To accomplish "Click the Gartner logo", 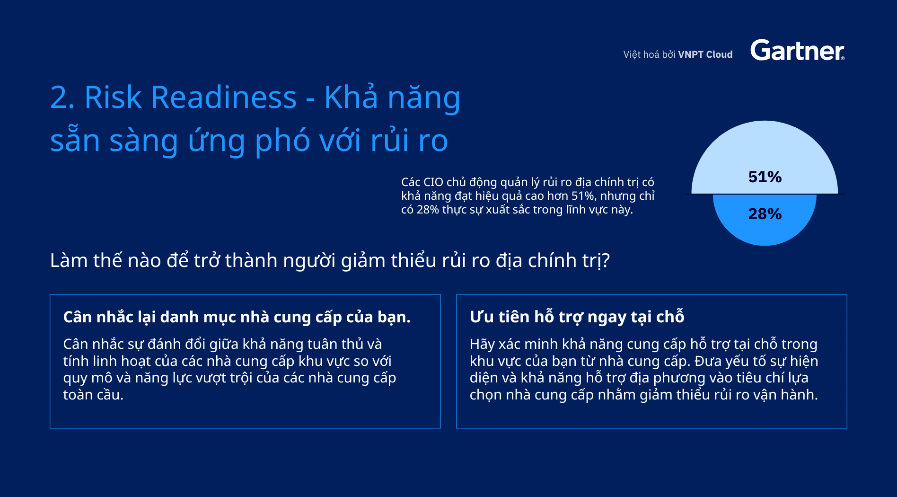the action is point(797,50).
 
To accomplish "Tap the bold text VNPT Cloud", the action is point(705,54).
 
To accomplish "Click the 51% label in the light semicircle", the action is point(765,177).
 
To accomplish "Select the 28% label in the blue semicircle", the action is point(765,214).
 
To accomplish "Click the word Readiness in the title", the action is point(224,98).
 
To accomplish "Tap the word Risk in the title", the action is point(113,98).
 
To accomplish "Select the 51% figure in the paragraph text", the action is point(583,196).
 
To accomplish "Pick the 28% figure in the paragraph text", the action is point(428,210).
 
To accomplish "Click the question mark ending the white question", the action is point(605,260).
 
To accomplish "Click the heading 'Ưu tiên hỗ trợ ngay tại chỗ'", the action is point(577,317).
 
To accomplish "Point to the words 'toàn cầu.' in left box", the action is point(93,394).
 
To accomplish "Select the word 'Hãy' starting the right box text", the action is point(482,345).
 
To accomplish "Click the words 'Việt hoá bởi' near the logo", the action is point(649,54).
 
